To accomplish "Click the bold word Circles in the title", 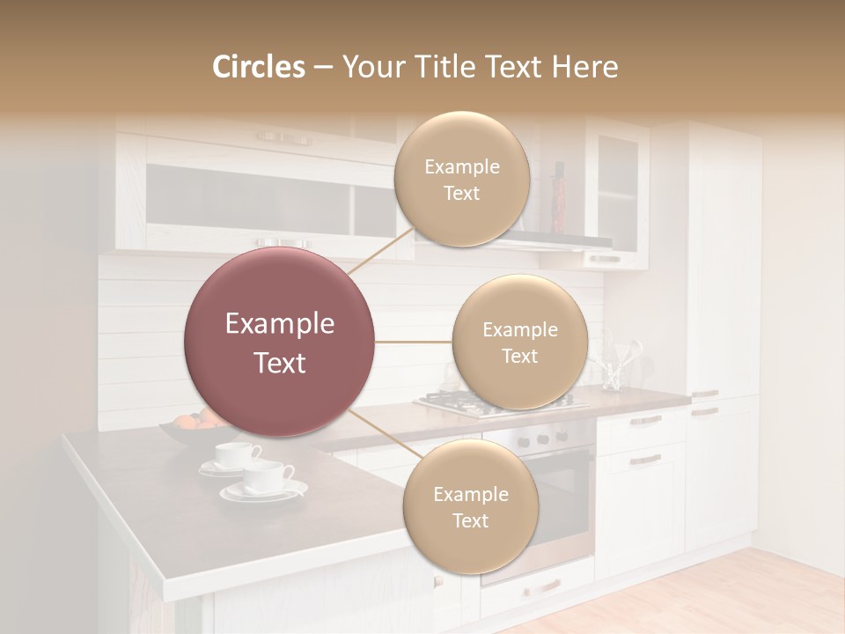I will pos(259,67).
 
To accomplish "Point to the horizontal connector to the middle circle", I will pos(413,342).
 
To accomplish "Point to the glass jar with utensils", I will pos(613,370).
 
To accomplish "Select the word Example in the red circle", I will pos(280,324).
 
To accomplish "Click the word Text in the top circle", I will pos(461,193).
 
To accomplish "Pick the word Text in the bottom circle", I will pos(470,520).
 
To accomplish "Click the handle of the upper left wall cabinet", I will pos(283,138).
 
